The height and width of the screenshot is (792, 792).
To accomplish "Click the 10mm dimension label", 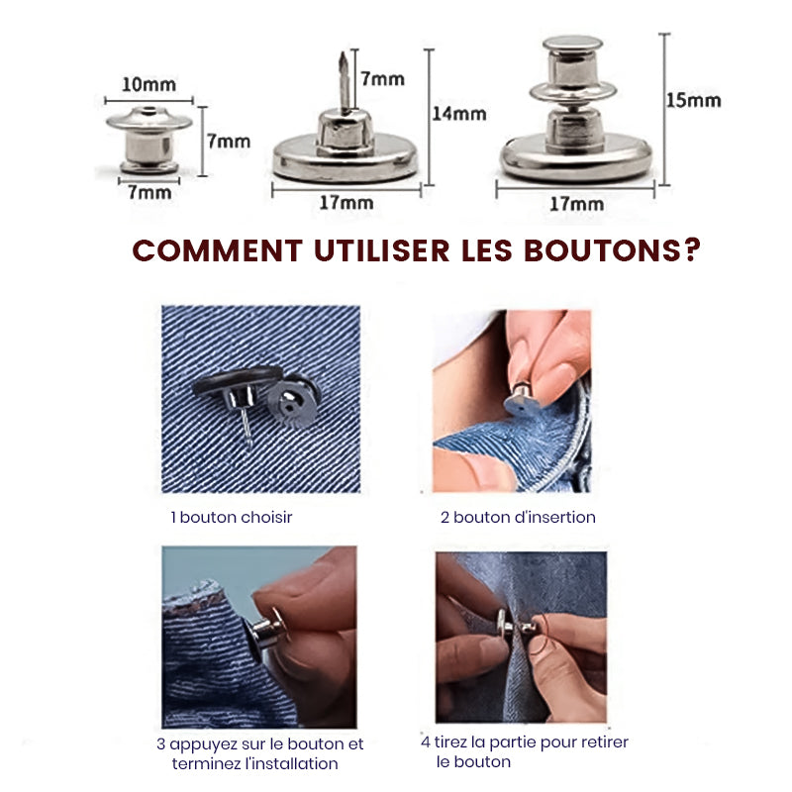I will (148, 85).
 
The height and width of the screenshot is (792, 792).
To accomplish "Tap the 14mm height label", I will (458, 113).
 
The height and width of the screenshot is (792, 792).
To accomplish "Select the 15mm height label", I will (693, 100).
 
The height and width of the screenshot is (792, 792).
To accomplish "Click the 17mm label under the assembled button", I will (575, 204).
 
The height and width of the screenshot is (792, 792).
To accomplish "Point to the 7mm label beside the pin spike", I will (382, 77).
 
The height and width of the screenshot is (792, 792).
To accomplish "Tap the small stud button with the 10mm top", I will (148, 139).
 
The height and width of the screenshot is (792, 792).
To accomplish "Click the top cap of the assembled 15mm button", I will (572, 46).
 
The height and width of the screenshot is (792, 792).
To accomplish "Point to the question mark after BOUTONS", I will (690, 250).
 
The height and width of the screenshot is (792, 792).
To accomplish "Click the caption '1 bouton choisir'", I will (231, 517).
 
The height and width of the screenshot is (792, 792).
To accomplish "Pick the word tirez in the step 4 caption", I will (454, 742).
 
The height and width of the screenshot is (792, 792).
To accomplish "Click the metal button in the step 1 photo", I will (252, 396).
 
